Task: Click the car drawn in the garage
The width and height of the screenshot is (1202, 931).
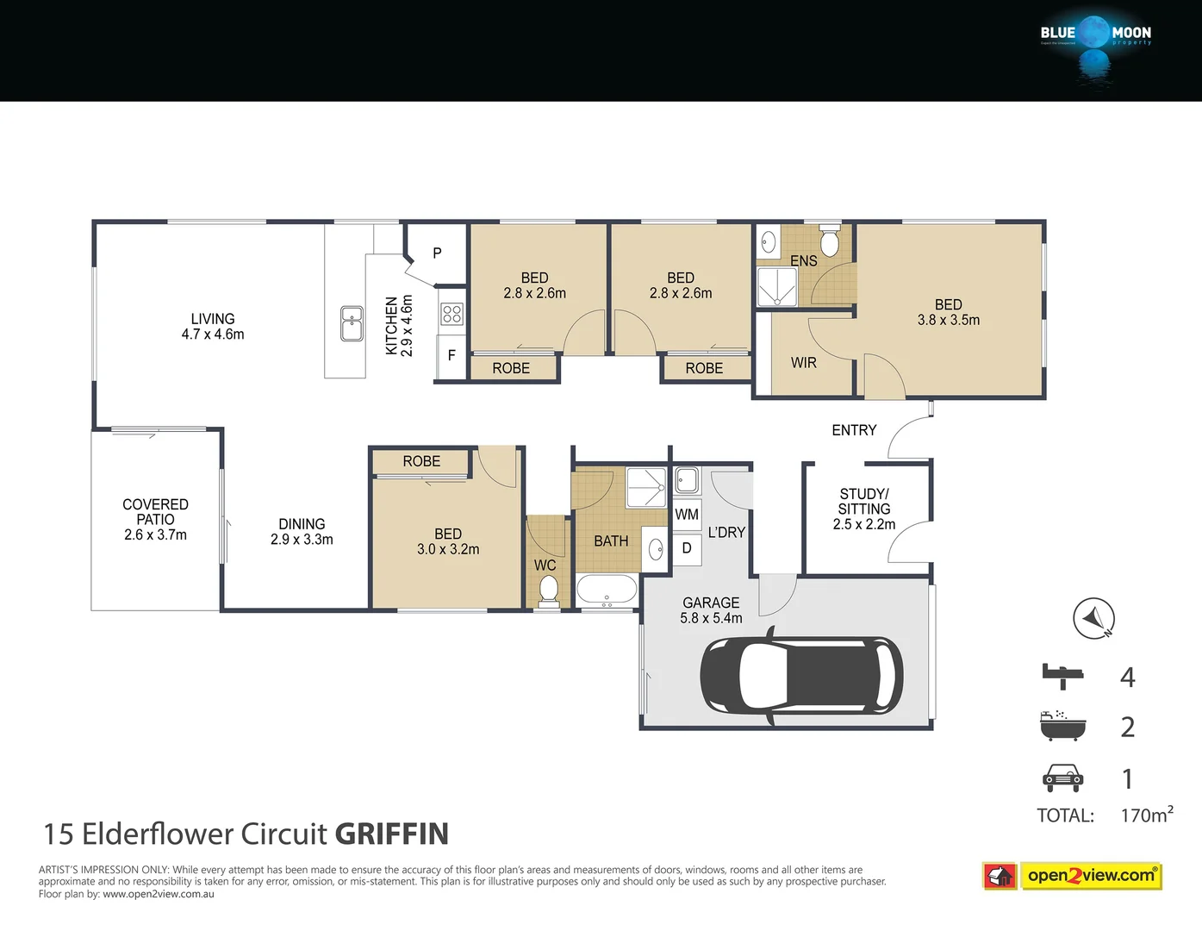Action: [x=801, y=675]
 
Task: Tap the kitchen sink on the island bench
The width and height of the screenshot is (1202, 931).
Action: [x=352, y=323]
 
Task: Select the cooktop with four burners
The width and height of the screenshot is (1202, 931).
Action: [x=452, y=314]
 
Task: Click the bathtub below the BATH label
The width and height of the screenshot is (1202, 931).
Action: [x=607, y=590]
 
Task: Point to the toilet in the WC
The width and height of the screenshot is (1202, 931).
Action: [x=547, y=590]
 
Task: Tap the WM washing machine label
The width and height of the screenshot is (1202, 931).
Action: [x=687, y=515]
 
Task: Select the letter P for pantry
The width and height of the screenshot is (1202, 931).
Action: [x=437, y=253]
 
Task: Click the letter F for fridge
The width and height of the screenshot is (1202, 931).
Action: [x=452, y=355]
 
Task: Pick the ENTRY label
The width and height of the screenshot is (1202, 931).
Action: [x=854, y=430]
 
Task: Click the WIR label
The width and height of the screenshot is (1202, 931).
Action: [x=803, y=363]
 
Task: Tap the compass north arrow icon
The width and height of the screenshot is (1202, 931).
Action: [x=1093, y=618]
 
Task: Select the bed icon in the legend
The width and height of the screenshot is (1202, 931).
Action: [x=1062, y=676]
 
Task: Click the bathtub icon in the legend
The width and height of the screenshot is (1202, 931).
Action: [x=1062, y=727]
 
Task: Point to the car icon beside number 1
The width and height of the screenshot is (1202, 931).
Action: [x=1062, y=778]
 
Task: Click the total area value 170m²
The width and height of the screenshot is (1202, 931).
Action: [x=1146, y=815]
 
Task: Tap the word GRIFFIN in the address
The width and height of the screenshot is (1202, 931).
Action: [x=391, y=834]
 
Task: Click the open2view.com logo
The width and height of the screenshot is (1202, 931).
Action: [x=1091, y=876]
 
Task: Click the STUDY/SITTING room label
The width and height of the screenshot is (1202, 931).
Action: [x=863, y=509]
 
